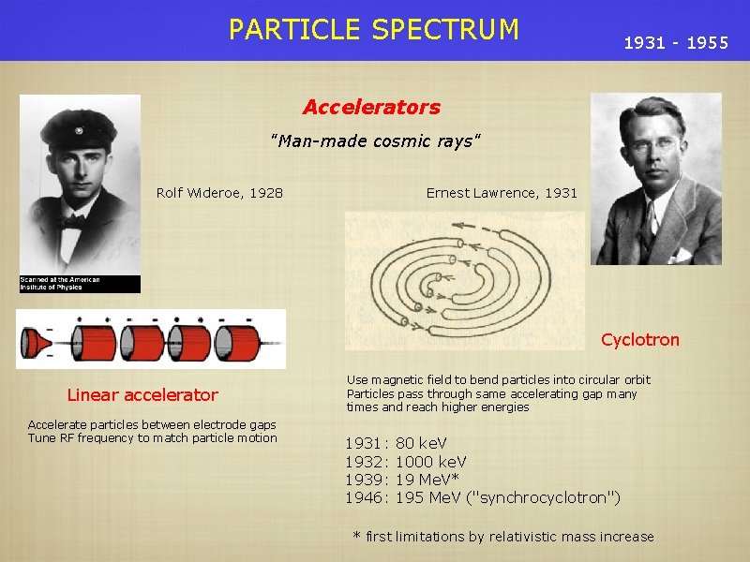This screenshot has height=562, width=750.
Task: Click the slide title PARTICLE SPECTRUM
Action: (373, 30)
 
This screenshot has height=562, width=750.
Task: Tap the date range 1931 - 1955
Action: (676, 43)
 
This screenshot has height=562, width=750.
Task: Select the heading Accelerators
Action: (371, 108)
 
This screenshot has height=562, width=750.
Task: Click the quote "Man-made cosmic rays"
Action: (375, 141)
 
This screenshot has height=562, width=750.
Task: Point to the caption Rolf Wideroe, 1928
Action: (219, 193)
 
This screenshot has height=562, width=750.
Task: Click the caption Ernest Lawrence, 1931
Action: (502, 193)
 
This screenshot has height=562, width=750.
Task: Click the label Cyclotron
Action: (639, 340)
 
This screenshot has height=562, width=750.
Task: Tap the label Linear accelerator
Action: (142, 395)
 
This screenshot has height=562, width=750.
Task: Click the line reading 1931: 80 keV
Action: (396, 442)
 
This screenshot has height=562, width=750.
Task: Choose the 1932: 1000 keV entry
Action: (405, 461)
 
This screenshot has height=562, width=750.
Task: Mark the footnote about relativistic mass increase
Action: (502, 537)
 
